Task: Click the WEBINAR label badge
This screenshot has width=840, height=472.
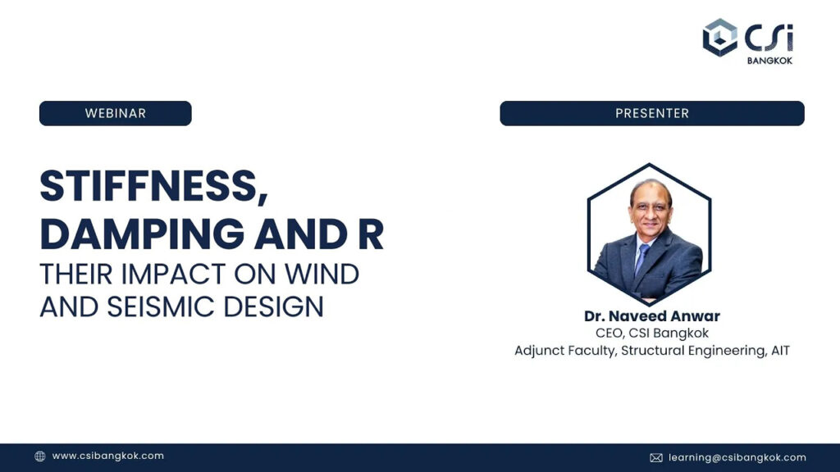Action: [x=115, y=113]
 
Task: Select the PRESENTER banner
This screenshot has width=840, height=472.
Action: [x=652, y=113]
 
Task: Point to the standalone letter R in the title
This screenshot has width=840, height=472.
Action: [x=370, y=234]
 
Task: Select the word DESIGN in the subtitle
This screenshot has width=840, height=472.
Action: [x=273, y=306]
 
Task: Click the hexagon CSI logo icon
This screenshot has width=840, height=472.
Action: [x=720, y=38]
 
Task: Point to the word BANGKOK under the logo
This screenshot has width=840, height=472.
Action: [x=769, y=61]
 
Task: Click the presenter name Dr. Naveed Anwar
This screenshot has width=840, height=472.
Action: [x=652, y=316]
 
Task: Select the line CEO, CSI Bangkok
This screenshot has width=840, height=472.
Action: [x=652, y=334]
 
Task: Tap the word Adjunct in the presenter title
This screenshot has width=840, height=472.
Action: [x=536, y=351]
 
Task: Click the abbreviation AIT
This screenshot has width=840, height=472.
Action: [x=780, y=351]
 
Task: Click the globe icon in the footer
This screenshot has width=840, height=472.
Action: [x=40, y=456]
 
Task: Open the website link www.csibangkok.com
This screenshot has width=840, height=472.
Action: [x=107, y=456]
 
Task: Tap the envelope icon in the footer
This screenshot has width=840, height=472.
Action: [x=656, y=457]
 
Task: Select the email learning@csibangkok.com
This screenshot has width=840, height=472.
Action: [x=737, y=457]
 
